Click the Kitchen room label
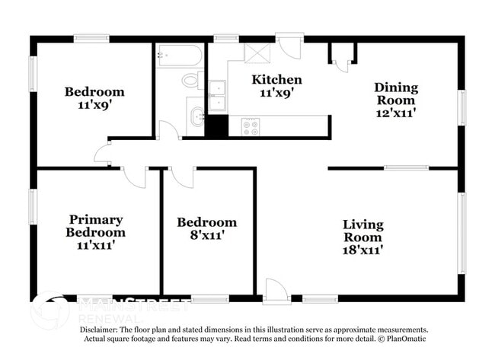(x=277, y=79)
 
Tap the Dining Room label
(x=395, y=94)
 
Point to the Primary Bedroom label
(x=95, y=225)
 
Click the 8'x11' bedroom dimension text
(x=206, y=235)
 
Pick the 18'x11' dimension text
(x=362, y=249)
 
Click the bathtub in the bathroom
(x=180, y=56)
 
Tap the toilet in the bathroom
(x=190, y=79)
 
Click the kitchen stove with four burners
(x=251, y=126)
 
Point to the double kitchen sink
(x=217, y=95)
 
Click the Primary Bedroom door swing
(x=135, y=177)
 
